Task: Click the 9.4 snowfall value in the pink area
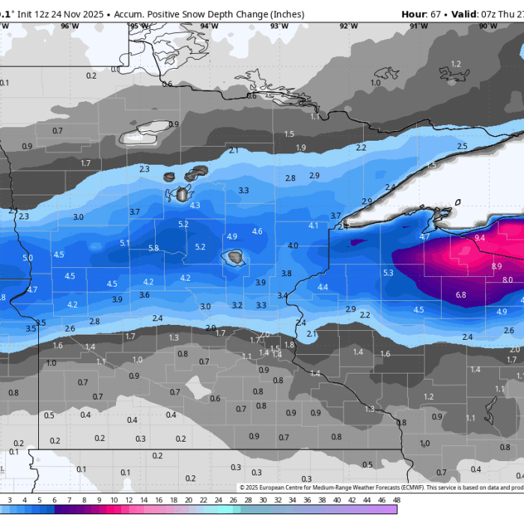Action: point(480,237)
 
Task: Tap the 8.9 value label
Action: point(496,266)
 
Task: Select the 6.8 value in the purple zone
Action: point(460,295)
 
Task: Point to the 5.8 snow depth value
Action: point(153,248)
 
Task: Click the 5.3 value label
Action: point(388,272)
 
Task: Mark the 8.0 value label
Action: point(508,280)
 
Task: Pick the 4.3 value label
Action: point(195,205)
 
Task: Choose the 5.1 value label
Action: point(125,243)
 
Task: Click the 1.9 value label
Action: point(301,147)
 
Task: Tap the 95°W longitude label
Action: point(138,26)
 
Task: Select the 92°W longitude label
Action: point(348,26)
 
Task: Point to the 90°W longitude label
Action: point(487,26)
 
